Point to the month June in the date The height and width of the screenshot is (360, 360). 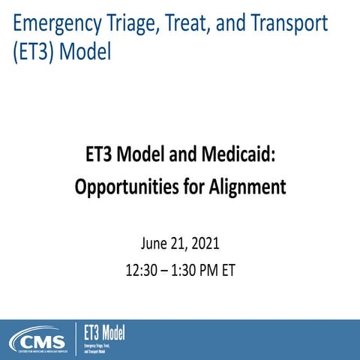point(154,244)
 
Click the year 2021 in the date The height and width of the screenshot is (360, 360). point(205,244)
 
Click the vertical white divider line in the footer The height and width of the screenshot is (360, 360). point(76,339)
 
